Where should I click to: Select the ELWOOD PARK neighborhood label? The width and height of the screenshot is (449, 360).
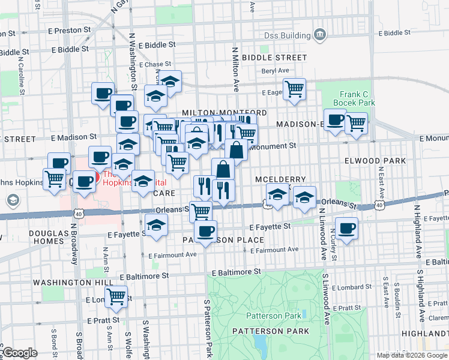(375, 161)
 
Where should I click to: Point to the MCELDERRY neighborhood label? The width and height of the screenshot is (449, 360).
(281, 179)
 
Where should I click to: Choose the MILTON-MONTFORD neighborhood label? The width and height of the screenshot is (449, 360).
(224, 112)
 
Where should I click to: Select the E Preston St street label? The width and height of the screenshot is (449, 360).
(70, 29)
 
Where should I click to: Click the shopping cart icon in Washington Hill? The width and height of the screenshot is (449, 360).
(116, 296)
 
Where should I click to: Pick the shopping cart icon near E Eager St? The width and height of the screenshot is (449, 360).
(294, 89)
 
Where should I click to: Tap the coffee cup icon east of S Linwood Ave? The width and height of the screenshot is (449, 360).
(347, 229)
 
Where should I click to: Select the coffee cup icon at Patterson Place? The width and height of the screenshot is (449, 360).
(205, 231)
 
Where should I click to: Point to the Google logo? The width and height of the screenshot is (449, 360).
(19, 353)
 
